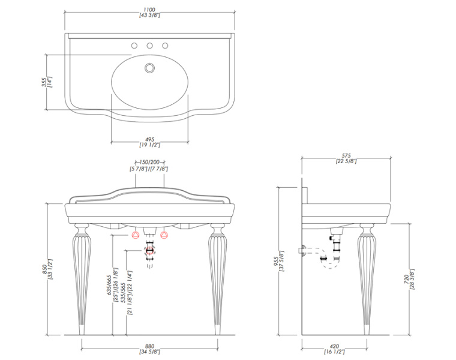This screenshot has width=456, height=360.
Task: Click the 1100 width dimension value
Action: pos(149,10)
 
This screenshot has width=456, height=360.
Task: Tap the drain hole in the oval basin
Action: pos(149,68)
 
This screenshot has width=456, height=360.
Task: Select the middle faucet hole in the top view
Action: pos(149,46)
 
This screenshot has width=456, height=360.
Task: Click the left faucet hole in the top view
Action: pos(134,46)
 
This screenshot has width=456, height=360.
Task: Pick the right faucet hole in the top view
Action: pos(165,46)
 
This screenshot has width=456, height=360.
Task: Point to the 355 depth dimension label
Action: pos(44,82)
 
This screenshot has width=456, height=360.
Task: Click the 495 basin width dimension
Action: pos(149,140)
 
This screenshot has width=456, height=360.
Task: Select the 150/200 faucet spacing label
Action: pos(150,162)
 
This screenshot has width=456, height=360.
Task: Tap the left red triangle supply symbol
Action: pos(136,235)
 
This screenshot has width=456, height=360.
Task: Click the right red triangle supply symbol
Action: pos(164,235)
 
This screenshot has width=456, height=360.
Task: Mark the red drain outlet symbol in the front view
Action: pos(150,250)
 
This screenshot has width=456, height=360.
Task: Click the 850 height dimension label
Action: pos(44,269)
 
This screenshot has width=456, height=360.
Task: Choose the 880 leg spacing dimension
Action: pos(149,346)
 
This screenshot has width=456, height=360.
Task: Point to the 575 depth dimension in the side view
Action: pos(346,155)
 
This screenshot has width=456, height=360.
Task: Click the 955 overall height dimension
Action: pos(275,261)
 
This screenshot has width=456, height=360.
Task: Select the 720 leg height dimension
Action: pos(406,278)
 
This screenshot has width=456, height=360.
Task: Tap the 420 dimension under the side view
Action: pos(334,346)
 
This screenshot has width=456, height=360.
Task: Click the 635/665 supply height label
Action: pos(109,285)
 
